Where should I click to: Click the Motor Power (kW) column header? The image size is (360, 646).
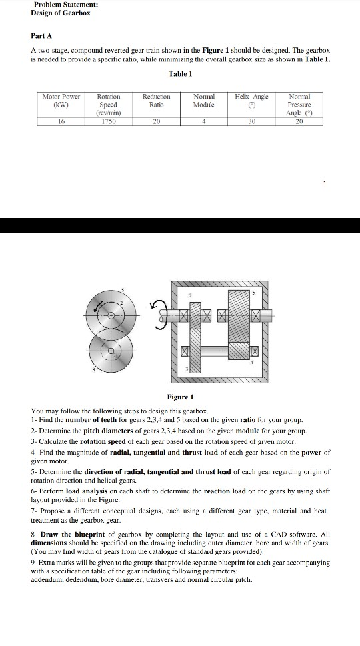61,100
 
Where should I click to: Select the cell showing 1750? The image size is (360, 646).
108,121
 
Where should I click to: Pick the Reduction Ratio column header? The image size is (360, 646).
157,100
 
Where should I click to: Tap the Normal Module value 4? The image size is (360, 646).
203,121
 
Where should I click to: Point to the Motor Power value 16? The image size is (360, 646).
61,121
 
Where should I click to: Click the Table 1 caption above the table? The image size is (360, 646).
180,74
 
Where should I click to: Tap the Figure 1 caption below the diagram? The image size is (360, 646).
181,397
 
